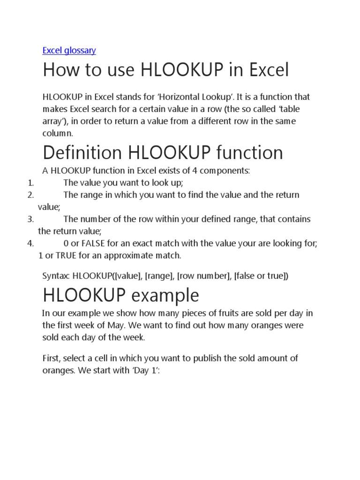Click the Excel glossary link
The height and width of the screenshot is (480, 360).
tap(69, 50)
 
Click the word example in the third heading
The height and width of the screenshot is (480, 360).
tap(165, 296)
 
